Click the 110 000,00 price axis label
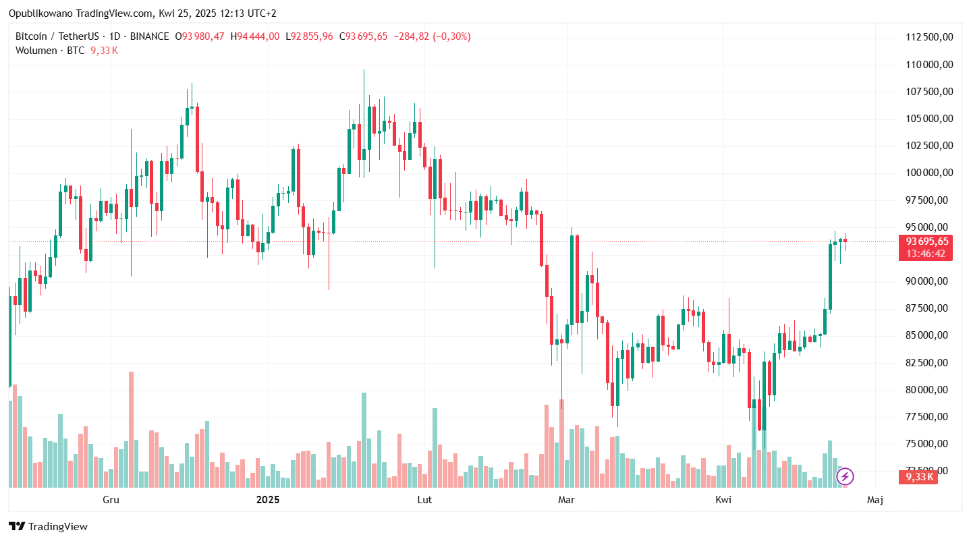pos(928,65)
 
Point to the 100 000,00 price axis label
pos(928,173)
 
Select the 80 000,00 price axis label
pos(928,389)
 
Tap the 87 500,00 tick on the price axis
pos(928,308)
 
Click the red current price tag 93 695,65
pos(926,241)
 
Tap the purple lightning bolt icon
pos(845,477)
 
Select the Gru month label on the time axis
pos(111,500)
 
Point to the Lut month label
pos(424,500)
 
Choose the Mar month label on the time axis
pos(567,500)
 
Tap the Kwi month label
pos(723,500)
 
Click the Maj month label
pos(875,500)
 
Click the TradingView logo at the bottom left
pos(48,527)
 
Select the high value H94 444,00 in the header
pos(254,36)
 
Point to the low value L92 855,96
pos(309,36)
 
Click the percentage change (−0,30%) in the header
pos(451,36)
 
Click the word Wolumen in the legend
pos(36,51)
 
